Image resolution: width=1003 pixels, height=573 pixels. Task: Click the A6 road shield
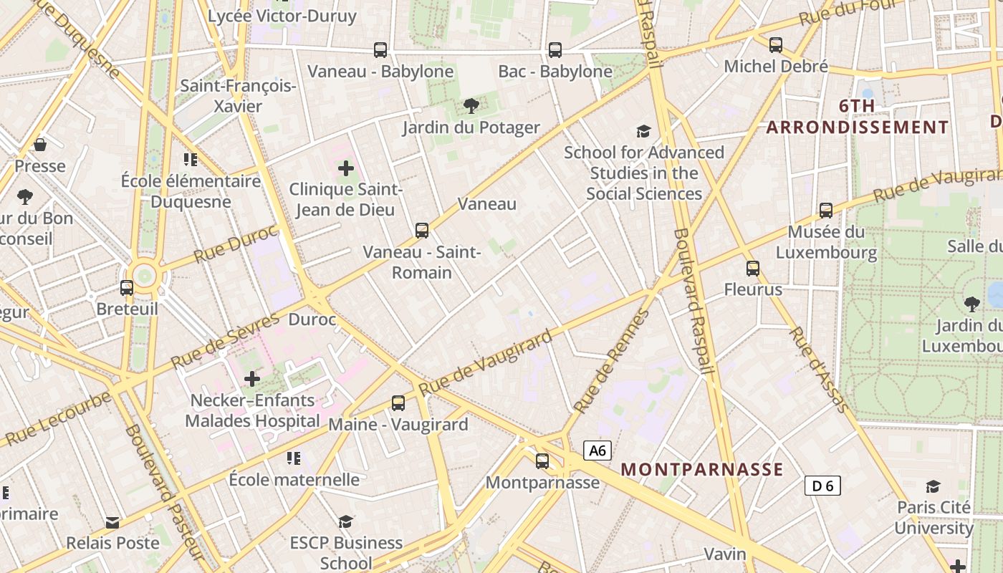coord(598,451)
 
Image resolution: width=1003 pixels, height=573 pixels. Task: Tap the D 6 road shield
coord(822,486)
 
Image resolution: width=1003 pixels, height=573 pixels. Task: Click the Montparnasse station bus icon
coord(542,461)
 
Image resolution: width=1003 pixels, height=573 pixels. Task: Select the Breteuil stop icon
coord(127,288)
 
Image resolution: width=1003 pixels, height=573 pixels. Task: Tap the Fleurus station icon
coord(752,269)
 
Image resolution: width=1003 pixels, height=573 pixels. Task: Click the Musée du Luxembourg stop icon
coord(826,211)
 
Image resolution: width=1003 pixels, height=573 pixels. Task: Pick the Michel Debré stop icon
coord(776,45)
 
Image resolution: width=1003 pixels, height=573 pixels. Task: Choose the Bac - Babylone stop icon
coord(555,50)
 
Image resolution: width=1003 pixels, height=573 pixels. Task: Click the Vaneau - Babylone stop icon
coord(380,50)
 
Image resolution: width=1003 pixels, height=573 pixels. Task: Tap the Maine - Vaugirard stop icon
coord(398,403)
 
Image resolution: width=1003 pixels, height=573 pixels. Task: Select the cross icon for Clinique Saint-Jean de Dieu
coord(346,169)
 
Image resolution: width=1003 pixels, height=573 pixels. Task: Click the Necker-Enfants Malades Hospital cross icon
coord(252,379)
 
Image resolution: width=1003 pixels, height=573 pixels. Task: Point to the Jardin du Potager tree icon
coord(471,107)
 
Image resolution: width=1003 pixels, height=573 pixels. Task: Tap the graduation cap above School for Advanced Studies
coord(643,131)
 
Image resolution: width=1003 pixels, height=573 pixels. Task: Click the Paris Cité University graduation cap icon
coord(933,486)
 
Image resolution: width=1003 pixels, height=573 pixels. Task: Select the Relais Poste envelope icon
coord(112,522)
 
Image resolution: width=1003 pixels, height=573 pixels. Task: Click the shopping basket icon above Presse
coord(40,145)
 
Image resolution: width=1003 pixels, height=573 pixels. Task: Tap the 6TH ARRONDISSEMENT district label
coord(858,117)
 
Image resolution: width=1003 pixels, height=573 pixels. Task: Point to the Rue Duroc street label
coord(234,244)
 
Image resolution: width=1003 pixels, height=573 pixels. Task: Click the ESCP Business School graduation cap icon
coord(346,521)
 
